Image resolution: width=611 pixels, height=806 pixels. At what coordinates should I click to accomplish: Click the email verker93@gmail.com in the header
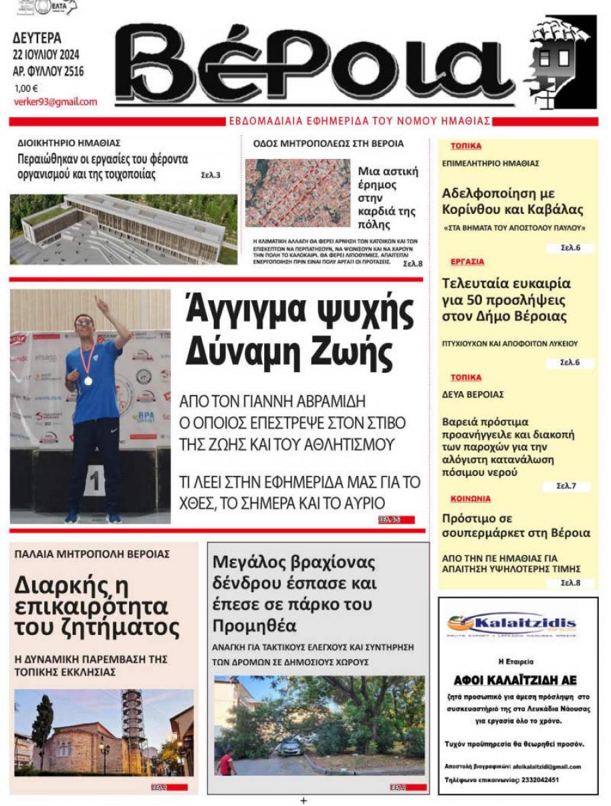tap(55, 102)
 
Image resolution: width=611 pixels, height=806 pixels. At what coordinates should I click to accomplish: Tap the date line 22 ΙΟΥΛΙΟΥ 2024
tap(48, 55)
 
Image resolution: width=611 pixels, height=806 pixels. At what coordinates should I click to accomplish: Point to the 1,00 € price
tap(26, 88)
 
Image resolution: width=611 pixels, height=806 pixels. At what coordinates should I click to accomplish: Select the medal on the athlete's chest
tap(88, 380)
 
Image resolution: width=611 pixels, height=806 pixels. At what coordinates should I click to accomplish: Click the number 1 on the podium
tap(95, 483)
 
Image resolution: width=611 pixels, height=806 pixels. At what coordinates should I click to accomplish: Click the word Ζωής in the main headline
tap(356, 352)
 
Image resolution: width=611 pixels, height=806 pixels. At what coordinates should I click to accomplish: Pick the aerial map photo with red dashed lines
tap(297, 193)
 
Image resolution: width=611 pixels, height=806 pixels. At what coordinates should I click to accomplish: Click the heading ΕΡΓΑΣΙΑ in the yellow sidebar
tap(467, 261)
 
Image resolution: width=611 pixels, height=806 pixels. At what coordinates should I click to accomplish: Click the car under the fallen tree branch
tap(291, 748)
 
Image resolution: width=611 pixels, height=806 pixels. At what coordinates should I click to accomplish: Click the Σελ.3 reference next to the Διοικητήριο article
tap(210, 175)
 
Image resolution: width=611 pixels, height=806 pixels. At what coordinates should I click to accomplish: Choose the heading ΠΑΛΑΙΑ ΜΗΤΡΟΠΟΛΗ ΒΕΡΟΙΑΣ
tap(92, 554)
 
